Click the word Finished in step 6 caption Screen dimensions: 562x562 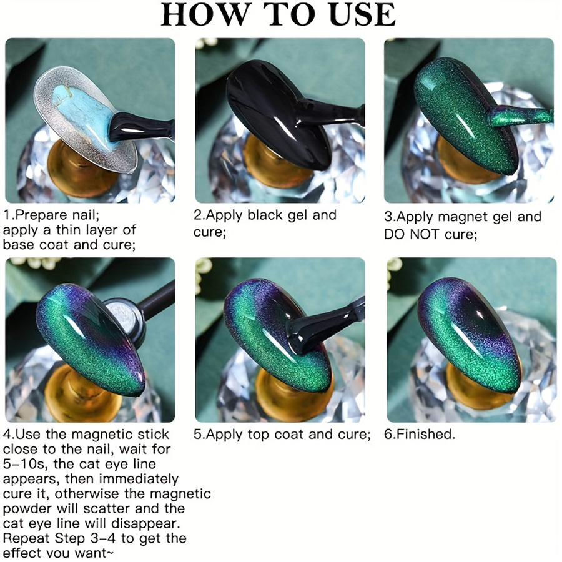pos(423,435)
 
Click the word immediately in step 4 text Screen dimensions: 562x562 pos(139,479)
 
